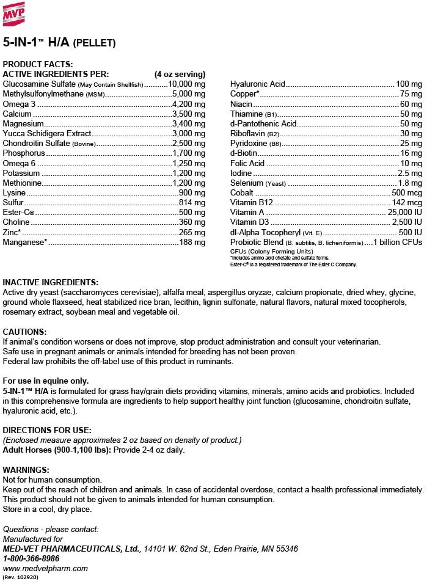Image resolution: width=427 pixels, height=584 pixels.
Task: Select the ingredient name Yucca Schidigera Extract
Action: pyautogui.click(x=47, y=133)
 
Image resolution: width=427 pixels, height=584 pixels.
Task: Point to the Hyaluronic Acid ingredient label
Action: pyautogui.click(x=258, y=84)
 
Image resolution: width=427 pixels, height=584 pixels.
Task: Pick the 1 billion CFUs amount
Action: pyautogui.click(x=397, y=242)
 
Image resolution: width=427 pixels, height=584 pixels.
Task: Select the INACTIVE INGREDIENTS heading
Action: pyautogui.click(x=50, y=282)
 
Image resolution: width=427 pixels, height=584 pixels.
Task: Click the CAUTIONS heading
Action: pyautogui.click(x=26, y=332)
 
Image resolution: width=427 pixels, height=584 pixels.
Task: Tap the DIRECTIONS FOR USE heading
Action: pyautogui.click(x=47, y=431)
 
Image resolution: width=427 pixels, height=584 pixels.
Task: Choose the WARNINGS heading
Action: pyautogui.click(x=26, y=470)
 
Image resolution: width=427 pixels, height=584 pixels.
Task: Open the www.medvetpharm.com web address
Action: pyautogui.click(x=45, y=568)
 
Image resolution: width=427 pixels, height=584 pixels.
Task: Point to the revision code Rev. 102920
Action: pyautogui.click(x=21, y=577)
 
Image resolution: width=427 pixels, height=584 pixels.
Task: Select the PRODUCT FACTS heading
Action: pyautogui.click(x=38, y=64)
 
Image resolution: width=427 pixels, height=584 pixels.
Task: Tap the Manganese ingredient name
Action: pyautogui.click(x=25, y=242)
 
